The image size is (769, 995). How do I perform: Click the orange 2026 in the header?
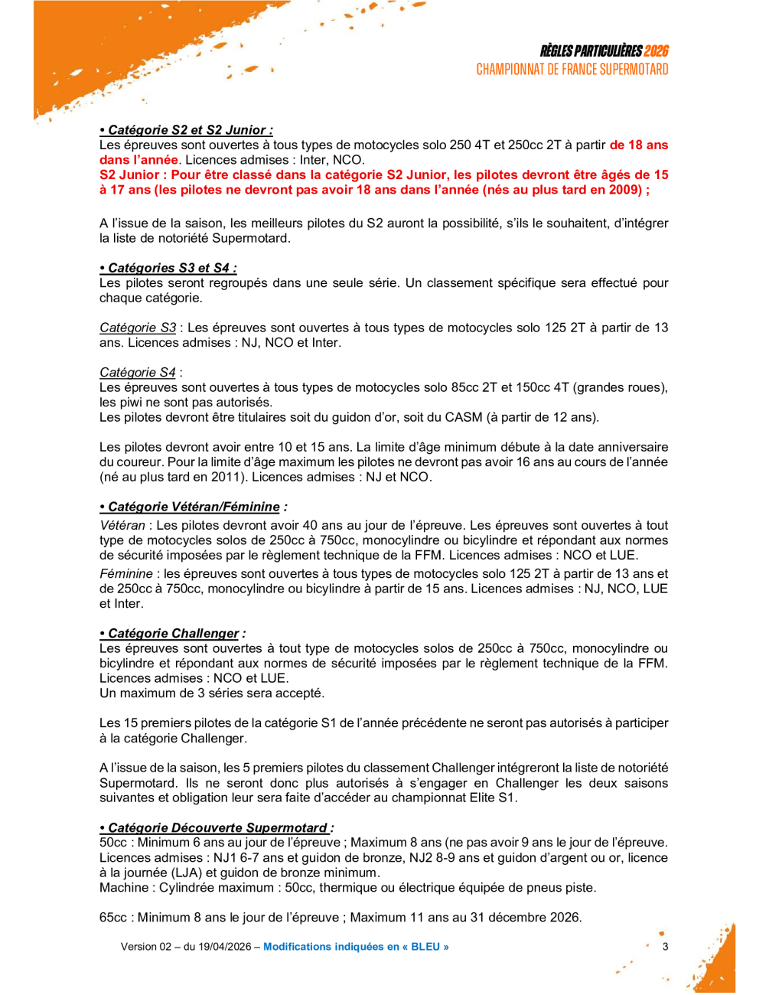656,51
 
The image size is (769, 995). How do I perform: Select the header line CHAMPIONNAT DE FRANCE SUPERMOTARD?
572,70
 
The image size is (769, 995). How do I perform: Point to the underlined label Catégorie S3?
138,328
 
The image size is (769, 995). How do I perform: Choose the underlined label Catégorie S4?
138,373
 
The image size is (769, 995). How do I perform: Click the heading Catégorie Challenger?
173,633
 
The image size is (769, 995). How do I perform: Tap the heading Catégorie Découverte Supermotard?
217,827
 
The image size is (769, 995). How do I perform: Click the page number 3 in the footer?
665,947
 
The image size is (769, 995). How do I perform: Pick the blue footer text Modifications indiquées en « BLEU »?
356,947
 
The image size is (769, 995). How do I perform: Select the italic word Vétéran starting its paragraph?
122,525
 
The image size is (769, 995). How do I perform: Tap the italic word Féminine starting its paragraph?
126,573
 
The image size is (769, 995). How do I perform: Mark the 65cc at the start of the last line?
113,917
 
